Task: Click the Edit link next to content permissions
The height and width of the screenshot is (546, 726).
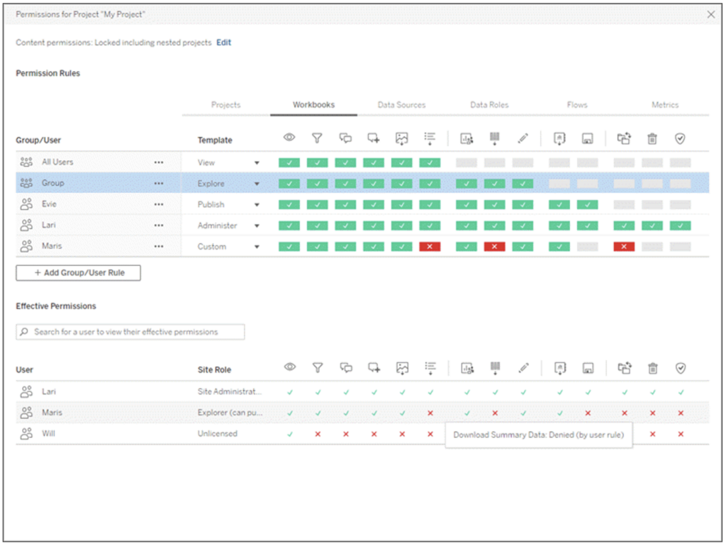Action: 223,43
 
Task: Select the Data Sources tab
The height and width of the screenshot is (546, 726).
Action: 401,105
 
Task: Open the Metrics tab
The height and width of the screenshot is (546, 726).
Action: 665,105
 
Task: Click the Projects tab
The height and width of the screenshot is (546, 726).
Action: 225,105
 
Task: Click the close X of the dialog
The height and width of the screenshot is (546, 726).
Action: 711,14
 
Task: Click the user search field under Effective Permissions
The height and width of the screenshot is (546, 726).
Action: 130,332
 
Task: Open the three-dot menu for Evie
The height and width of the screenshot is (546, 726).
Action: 158,204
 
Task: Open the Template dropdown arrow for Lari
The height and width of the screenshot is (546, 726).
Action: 257,226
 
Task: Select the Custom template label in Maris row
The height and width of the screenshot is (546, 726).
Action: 211,247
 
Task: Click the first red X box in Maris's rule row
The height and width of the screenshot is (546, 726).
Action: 430,247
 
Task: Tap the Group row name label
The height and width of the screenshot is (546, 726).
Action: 52,183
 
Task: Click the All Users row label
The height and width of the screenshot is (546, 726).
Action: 57,162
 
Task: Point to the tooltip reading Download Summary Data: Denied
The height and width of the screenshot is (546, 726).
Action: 538,435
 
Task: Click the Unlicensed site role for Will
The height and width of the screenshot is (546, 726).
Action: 217,433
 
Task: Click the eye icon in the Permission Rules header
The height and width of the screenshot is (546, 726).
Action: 289,138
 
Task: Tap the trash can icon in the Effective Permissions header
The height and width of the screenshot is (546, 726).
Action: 652,368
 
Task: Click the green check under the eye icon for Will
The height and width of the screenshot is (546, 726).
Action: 289,433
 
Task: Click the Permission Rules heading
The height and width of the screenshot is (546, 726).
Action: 48,73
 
